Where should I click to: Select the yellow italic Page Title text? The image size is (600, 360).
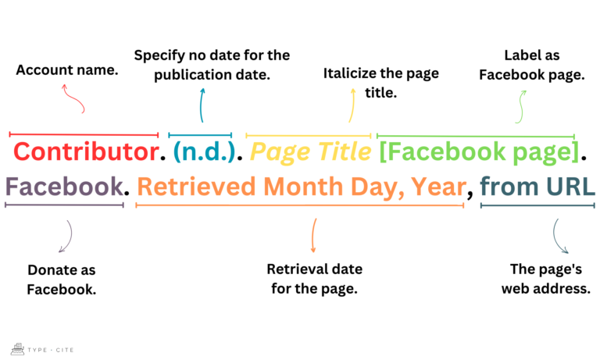[311, 151]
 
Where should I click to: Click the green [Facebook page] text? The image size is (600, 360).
[478, 151]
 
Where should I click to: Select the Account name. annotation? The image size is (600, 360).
[67, 70]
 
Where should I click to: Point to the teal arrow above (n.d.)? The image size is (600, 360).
[202, 105]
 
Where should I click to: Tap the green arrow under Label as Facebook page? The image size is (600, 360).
[520, 106]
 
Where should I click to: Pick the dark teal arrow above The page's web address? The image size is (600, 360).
[560, 236]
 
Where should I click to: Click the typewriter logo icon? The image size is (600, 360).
[17, 349]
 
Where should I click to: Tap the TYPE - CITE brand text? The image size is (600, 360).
[52, 350]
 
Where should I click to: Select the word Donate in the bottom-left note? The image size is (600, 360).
[51, 270]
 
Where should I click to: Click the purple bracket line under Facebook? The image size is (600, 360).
[63, 205]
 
